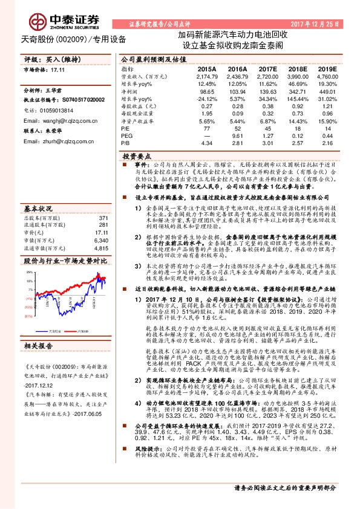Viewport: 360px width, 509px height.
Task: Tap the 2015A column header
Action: coord(206,70)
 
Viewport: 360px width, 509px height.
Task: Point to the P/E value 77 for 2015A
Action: coord(206,128)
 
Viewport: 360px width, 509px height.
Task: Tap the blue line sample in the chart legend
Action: coord(44,331)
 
